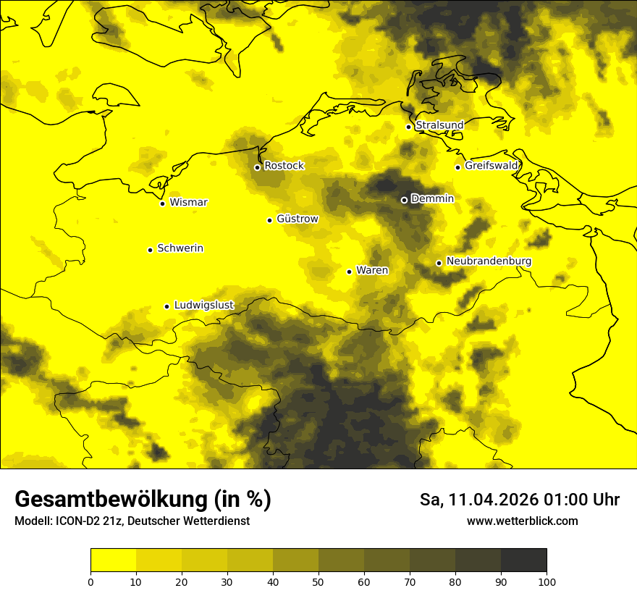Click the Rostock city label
tap(284, 166)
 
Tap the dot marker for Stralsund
tap(408, 127)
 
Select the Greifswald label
tap(492, 166)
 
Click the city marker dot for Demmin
tap(404, 200)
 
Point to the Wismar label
tap(188, 202)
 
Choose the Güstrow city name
tap(297, 219)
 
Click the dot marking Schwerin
tap(150, 250)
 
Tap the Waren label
tap(372, 271)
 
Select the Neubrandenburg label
tap(489, 261)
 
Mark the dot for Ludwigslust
tap(166, 306)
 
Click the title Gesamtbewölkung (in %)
tap(143, 500)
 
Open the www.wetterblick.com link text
tap(522, 521)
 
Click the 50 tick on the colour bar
tap(318, 581)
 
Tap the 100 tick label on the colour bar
tap(547, 581)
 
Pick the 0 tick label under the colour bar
tap(90, 581)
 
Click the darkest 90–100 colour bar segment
tap(523, 560)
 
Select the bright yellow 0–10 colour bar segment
tap(113, 560)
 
